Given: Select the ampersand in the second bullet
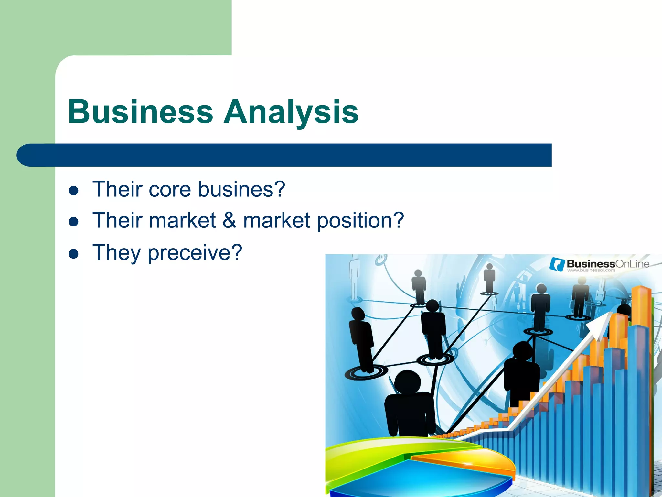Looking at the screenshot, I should click(x=229, y=220).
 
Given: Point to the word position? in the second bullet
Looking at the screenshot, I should click(x=360, y=221).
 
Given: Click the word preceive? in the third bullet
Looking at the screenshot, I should click(x=195, y=253).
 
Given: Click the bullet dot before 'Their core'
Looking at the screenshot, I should click(x=74, y=191).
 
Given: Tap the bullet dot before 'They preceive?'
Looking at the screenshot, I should click(x=74, y=254).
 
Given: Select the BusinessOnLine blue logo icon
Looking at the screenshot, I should click(x=557, y=264).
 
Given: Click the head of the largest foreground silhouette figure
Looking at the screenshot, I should click(x=408, y=382).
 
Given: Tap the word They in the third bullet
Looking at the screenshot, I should click(x=116, y=253).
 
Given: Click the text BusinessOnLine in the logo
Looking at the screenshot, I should click(x=608, y=264).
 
